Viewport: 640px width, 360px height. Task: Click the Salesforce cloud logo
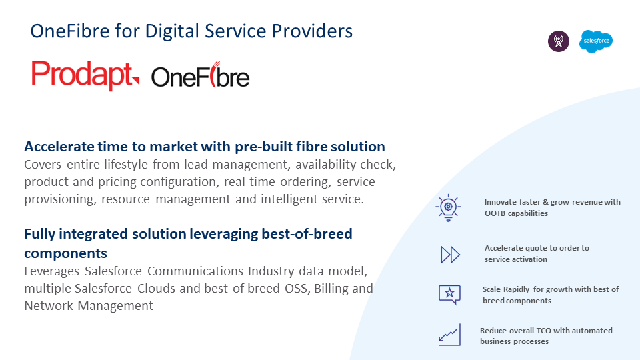click(595, 41)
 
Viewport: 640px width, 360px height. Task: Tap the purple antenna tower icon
click(559, 41)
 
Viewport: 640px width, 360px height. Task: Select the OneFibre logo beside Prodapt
click(200, 77)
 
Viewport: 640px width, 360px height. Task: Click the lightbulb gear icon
click(448, 207)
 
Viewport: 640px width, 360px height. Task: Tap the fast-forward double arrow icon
click(450, 254)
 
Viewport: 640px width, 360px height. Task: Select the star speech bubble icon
click(449, 294)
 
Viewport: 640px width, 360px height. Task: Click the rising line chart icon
click(449, 335)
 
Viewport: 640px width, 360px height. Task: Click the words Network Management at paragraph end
click(89, 306)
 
